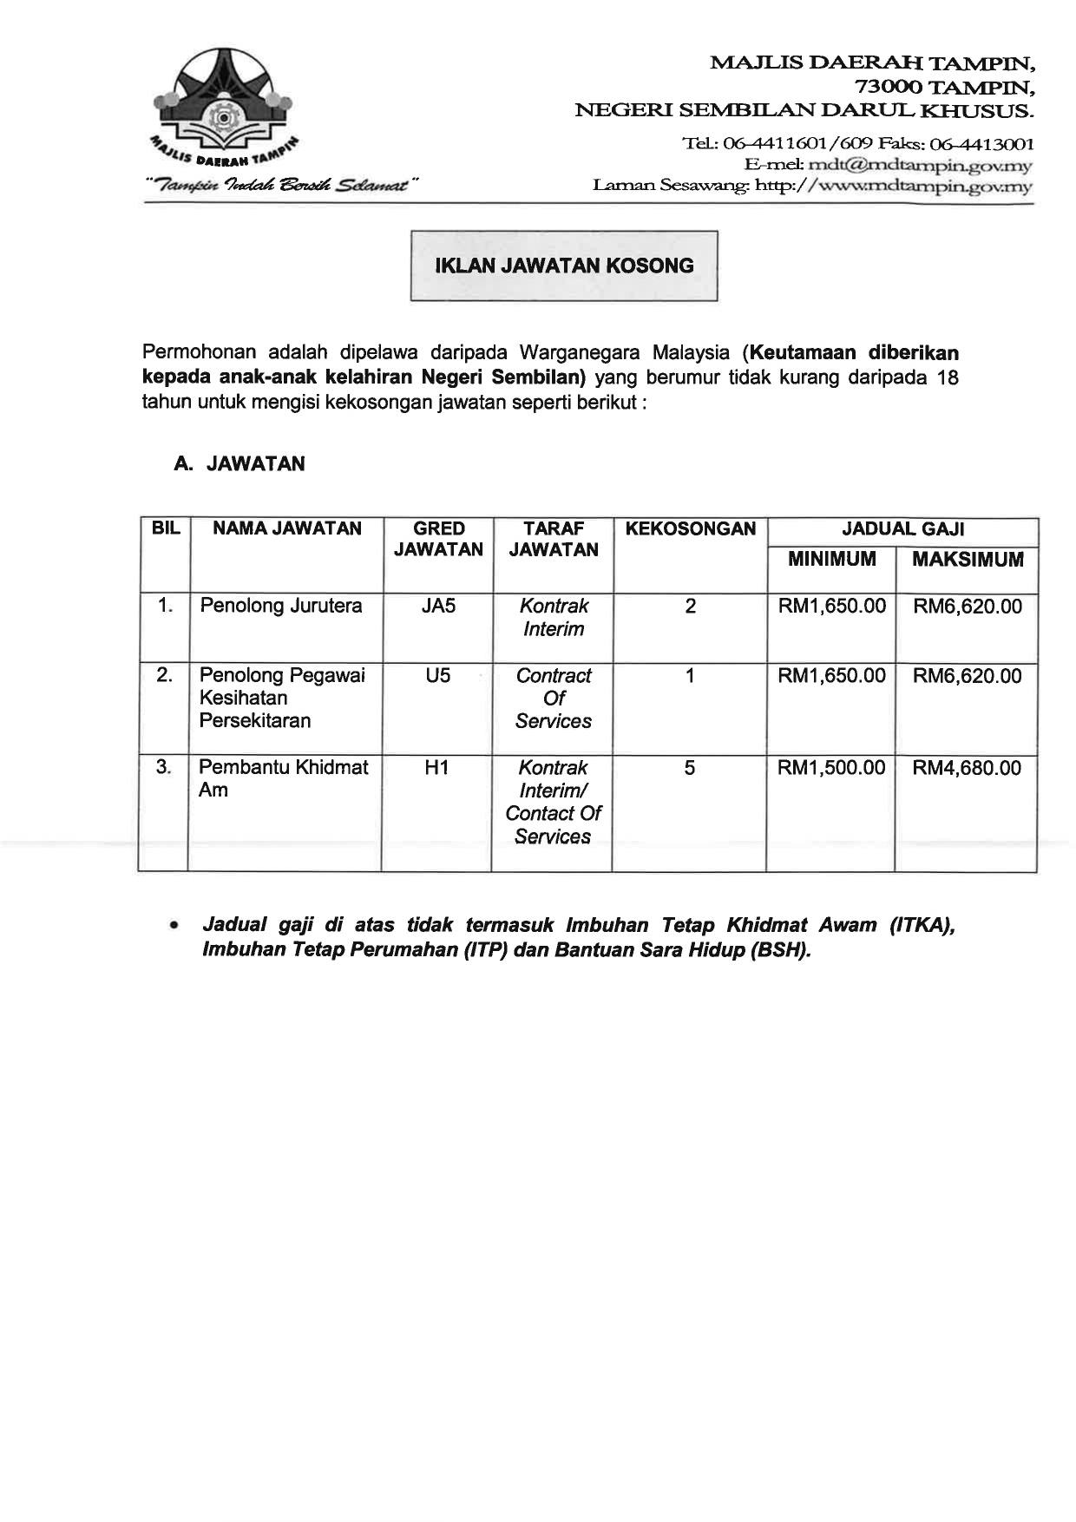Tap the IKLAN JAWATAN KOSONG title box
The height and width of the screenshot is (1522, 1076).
click(x=564, y=266)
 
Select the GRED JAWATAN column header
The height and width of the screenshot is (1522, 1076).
click(x=438, y=539)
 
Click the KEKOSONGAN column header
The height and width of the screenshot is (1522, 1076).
click(x=690, y=529)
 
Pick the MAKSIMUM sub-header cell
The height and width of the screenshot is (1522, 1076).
click(x=968, y=560)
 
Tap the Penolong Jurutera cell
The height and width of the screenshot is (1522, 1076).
click(x=281, y=606)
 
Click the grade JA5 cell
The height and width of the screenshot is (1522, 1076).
click(x=438, y=606)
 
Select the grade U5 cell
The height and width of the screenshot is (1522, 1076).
click(x=438, y=675)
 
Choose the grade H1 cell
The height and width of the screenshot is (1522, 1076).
click(x=436, y=768)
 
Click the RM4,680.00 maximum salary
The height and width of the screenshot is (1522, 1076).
click(x=967, y=768)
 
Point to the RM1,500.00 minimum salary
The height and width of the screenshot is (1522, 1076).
click(x=831, y=768)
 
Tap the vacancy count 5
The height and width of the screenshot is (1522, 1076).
click(x=689, y=768)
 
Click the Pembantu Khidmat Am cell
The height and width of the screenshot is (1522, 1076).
click(x=283, y=778)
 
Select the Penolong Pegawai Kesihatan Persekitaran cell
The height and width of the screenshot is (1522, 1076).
click(x=282, y=698)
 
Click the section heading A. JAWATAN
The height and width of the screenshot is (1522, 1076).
click(x=239, y=464)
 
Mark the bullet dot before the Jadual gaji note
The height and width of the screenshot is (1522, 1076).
click(x=176, y=927)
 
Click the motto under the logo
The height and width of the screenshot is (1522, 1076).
click(x=282, y=185)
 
